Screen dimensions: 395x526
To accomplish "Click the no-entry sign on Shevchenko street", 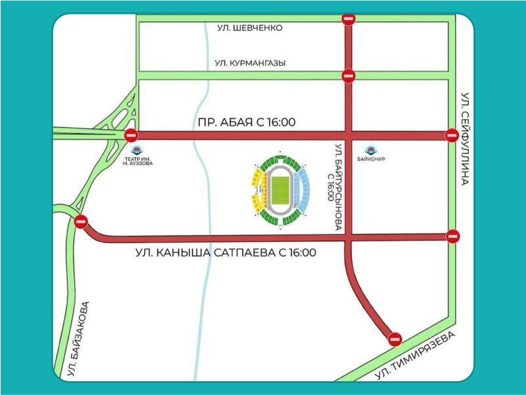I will pyautogui.click(x=349, y=20).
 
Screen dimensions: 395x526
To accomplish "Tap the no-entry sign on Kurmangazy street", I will pyautogui.click(x=349, y=75).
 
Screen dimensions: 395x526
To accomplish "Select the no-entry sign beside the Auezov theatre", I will pyautogui.click(x=131, y=135).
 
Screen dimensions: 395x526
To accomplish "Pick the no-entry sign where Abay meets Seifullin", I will pyautogui.click(x=451, y=135).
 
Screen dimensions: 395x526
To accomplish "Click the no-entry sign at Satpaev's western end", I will pyautogui.click(x=81, y=222).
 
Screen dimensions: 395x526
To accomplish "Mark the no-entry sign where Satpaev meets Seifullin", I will pyautogui.click(x=452, y=236).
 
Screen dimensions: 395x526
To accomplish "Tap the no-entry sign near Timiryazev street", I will pyautogui.click(x=395, y=339).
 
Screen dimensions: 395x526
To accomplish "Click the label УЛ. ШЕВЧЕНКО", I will pyautogui.click(x=250, y=28).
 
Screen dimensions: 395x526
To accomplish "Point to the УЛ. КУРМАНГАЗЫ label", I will pyautogui.click(x=250, y=63).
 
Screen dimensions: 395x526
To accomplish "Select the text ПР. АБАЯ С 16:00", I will pyautogui.click(x=246, y=122).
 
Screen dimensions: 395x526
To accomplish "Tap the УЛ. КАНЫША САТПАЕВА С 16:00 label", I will pyautogui.click(x=227, y=252).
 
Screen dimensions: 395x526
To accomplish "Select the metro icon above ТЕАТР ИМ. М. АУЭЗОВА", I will pyautogui.click(x=137, y=151).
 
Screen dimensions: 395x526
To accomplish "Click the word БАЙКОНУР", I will pyautogui.click(x=373, y=160).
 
